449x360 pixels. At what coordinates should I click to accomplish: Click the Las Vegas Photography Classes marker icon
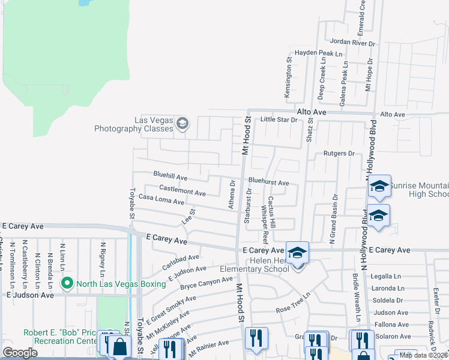click(182, 124)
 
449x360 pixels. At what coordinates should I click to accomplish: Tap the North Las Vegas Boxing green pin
click(66, 283)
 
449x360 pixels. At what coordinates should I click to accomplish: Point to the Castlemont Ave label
click(182, 191)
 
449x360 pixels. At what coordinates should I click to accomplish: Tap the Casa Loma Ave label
click(161, 199)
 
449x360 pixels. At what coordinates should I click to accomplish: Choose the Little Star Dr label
click(279, 119)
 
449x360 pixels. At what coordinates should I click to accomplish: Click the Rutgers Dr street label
click(340, 153)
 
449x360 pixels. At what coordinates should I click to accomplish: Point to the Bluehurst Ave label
click(268, 182)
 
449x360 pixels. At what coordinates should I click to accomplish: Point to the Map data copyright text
click(423, 355)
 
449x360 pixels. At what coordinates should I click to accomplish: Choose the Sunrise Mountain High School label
click(419, 190)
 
